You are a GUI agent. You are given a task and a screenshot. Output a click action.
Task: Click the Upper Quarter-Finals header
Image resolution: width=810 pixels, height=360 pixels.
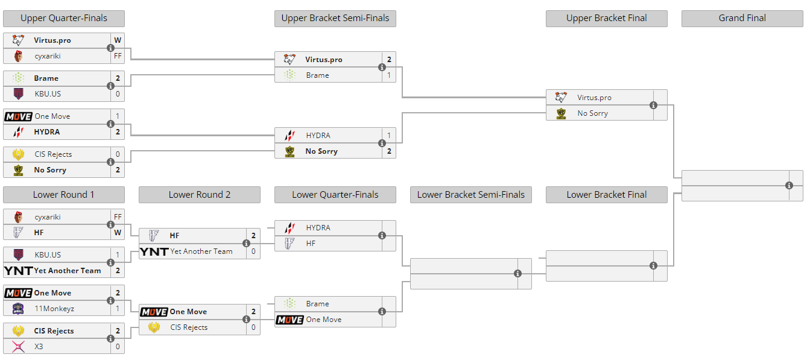(63, 19)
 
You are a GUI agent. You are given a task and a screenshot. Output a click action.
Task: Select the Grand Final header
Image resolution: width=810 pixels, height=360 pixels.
(742, 19)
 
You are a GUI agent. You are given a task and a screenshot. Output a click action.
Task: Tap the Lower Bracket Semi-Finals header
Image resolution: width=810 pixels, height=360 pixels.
(470, 195)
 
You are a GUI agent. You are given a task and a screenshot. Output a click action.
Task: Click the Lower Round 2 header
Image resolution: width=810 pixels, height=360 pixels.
(199, 195)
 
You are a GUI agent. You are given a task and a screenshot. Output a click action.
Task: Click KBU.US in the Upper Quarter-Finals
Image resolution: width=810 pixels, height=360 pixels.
(48, 94)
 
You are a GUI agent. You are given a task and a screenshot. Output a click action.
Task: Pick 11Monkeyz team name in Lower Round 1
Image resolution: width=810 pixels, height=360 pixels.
(54, 309)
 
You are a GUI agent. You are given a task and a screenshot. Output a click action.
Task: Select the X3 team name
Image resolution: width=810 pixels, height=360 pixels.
(39, 347)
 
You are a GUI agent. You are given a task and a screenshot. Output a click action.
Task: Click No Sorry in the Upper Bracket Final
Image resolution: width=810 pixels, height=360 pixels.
(592, 113)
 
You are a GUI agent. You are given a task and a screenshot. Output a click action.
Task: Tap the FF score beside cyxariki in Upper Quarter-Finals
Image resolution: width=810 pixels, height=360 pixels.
(118, 56)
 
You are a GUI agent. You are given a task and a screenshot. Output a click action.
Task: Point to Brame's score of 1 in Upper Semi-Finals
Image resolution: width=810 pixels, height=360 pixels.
(389, 75)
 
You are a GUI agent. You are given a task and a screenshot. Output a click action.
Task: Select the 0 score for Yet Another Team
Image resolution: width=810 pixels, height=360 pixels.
(253, 251)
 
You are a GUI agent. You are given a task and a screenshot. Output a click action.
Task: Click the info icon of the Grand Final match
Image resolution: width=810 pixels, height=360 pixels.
(789, 186)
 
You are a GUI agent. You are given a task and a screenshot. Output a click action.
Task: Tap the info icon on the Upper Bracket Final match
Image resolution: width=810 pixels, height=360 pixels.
(653, 106)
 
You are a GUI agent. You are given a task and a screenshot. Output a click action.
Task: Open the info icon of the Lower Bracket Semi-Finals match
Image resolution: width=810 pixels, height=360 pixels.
(517, 274)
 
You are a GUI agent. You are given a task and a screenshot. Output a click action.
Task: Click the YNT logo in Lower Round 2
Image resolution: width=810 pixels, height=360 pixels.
(154, 251)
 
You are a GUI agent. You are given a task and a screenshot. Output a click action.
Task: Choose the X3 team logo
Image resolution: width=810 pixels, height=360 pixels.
(18, 347)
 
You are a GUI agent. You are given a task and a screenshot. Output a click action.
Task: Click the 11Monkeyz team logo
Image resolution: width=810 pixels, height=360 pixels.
(18, 309)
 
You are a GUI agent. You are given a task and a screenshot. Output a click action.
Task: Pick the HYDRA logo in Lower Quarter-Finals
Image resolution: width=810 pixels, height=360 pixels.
(290, 228)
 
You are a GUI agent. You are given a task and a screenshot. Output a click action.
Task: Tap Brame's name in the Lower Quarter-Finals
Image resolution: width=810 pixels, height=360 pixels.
(317, 304)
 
